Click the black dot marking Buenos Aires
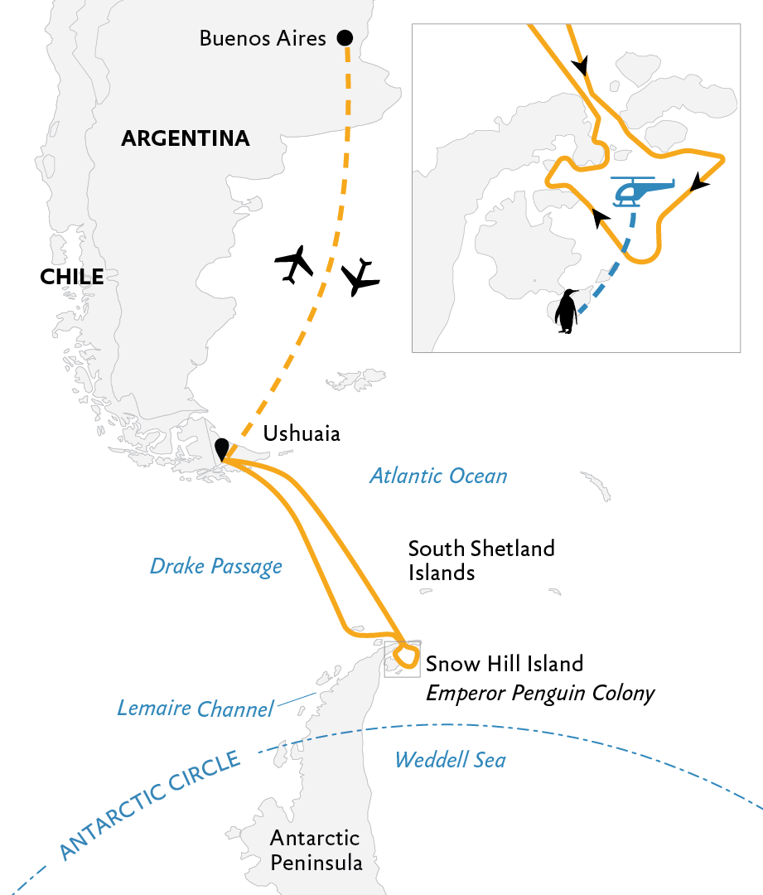click(x=345, y=37)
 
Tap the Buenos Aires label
click(x=263, y=38)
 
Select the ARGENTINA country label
click(x=186, y=138)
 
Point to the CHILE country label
click(x=72, y=277)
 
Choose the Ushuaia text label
click(x=302, y=433)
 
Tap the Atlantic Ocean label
click(x=438, y=476)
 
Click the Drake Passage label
click(x=215, y=566)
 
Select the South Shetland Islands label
click(x=481, y=560)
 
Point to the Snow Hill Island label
click(x=505, y=664)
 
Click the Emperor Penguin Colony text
click(x=540, y=693)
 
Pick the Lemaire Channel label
click(x=196, y=709)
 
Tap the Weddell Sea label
click(x=451, y=760)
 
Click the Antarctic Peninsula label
click(x=316, y=850)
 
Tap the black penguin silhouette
click(x=567, y=311)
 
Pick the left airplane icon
click(x=294, y=264)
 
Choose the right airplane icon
click(x=360, y=277)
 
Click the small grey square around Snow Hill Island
click(x=384, y=660)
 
